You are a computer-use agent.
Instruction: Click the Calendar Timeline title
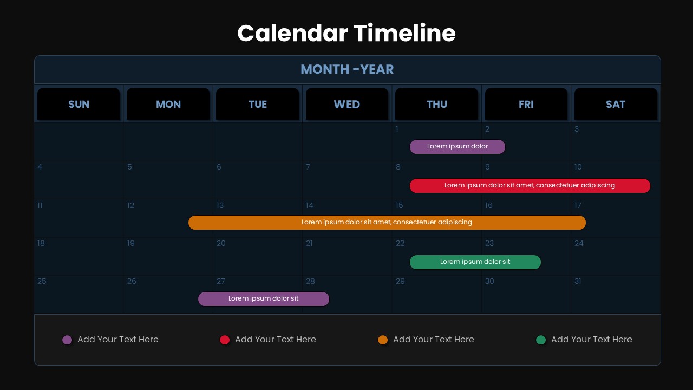(x=346, y=33)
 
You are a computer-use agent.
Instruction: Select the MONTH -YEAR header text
(x=347, y=69)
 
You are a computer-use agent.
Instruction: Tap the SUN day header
(x=79, y=104)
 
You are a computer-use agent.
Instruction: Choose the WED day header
(x=347, y=104)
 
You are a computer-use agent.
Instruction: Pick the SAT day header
(x=616, y=104)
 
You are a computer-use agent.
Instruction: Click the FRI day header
(x=526, y=104)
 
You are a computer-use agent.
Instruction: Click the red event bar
(x=529, y=186)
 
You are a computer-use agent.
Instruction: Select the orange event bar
(x=387, y=223)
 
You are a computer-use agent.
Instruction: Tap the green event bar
(x=475, y=262)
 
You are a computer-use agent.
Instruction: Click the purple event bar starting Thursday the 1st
(x=457, y=147)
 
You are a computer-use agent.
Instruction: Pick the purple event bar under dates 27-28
(x=263, y=299)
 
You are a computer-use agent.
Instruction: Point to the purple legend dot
(x=67, y=340)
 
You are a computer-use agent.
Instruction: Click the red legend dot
(x=225, y=340)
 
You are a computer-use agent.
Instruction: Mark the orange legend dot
(x=383, y=340)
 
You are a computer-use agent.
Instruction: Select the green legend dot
(x=540, y=340)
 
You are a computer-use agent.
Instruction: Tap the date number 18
(x=41, y=243)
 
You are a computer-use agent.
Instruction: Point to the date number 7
(x=308, y=167)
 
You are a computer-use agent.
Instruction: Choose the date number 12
(x=130, y=205)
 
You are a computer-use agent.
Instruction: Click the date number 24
(x=579, y=243)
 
